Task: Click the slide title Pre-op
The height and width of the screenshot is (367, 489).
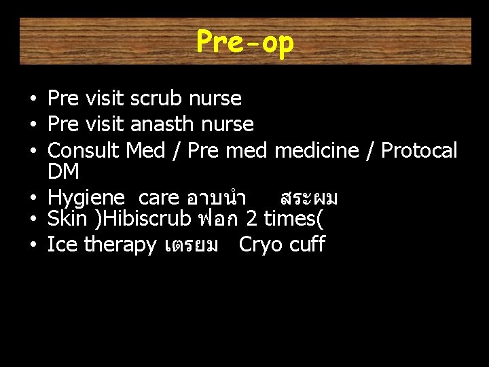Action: click(245, 42)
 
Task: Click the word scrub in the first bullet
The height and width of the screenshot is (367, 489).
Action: click(157, 99)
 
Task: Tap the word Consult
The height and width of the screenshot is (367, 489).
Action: click(85, 150)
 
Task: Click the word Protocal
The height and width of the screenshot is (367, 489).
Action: click(419, 150)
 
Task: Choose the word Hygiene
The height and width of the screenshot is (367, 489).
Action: click(86, 198)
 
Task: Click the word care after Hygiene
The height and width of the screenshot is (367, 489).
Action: click(158, 198)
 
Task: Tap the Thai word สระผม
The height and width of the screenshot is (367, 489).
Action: click(309, 198)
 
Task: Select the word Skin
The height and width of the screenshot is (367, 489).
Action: click(67, 219)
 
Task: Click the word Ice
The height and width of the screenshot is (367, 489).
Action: click(62, 245)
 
